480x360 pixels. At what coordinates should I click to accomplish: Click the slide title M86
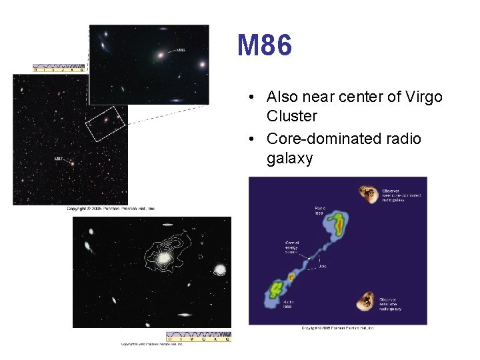265,46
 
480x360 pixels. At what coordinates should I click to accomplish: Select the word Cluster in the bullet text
292,116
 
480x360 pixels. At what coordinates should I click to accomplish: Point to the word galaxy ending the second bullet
289,159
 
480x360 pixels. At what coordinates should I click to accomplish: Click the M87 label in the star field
60,159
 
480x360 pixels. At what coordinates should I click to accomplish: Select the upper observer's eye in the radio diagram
367,193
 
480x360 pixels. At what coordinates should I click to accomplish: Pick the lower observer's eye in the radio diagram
366,301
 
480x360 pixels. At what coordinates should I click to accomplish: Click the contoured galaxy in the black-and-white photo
163,256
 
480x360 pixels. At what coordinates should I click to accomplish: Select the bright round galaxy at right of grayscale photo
219,269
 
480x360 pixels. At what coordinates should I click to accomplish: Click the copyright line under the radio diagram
337,328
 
